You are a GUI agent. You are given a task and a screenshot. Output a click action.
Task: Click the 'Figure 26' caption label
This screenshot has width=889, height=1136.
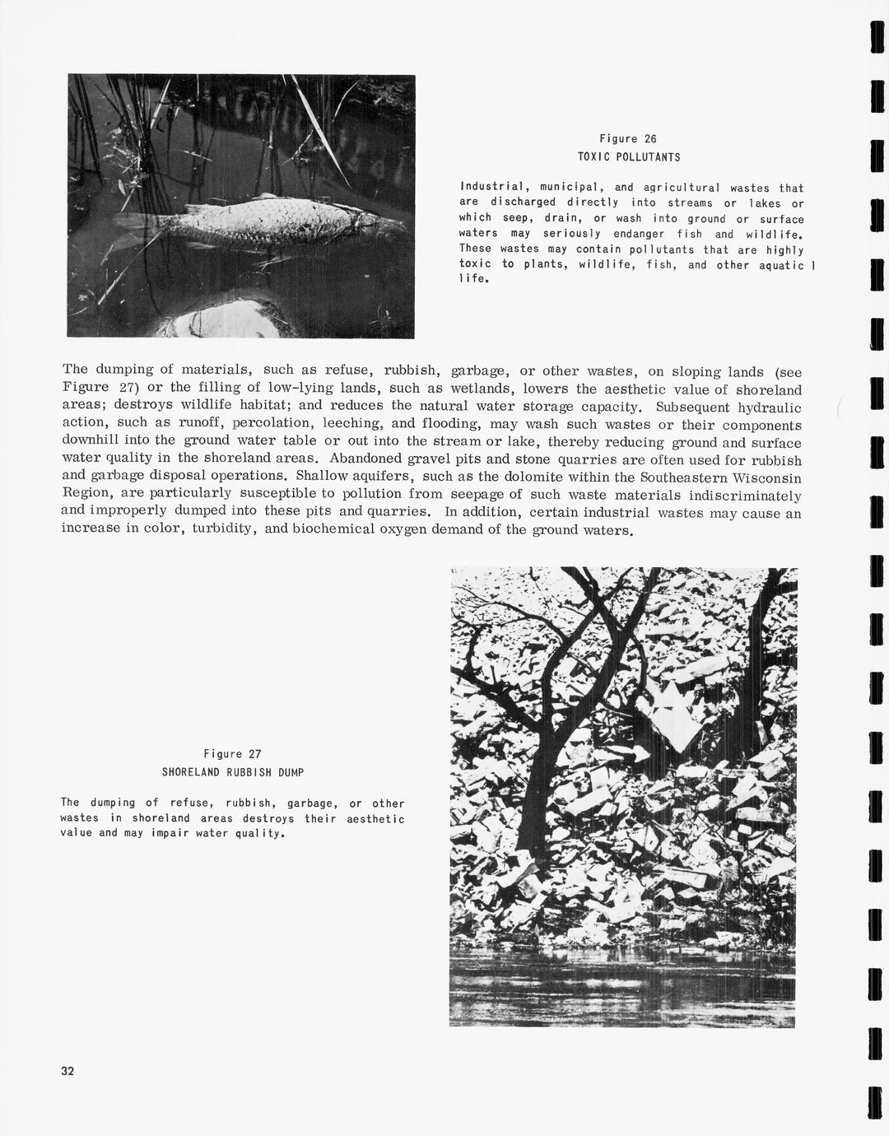coord(627,139)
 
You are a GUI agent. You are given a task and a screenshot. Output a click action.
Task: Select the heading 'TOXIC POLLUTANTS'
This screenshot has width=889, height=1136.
coord(629,156)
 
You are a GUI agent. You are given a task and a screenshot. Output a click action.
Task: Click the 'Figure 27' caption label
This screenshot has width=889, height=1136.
coord(233,754)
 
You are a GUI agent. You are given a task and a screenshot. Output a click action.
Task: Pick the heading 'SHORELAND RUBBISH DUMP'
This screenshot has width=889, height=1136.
coord(233,772)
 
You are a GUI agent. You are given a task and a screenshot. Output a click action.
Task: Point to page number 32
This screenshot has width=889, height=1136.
coord(67,1071)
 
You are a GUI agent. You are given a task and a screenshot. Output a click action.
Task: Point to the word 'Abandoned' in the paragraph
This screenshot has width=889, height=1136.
coord(360,459)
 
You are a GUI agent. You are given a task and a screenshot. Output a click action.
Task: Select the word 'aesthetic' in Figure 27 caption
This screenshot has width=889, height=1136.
coord(376,818)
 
